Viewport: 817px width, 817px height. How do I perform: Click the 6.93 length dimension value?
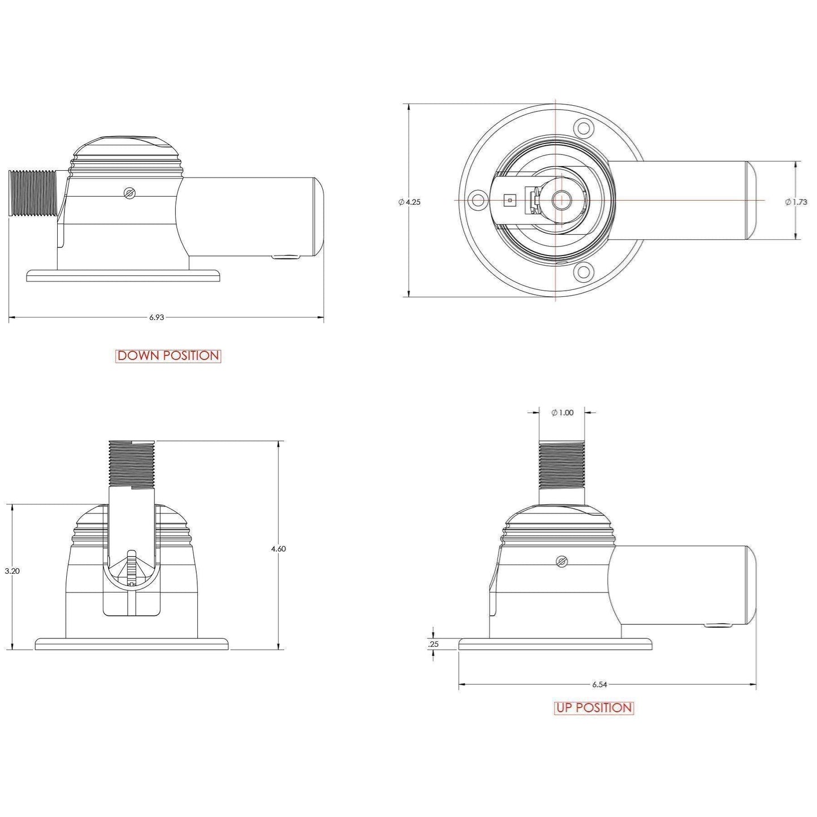pyautogui.click(x=157, y=318)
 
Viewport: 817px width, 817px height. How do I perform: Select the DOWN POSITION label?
pyautogui.click(x=168, y=356)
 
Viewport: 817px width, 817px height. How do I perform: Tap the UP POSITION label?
pyautogui.click(x=594, y=708)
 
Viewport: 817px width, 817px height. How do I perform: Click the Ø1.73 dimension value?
pyautogui.click(x=796, y=202)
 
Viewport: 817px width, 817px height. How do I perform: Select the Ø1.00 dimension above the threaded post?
pyautogui.click(x=562, y=413)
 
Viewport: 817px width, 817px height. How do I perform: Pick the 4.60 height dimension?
pyautogui.click(x=279, y=548)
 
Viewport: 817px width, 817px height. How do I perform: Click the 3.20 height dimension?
pyautogui.click(x=12, y=571)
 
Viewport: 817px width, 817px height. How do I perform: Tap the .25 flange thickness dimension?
pyautogui.click(x=434, y=644)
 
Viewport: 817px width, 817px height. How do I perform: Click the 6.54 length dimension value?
pyautogui.click(x=599, y=685)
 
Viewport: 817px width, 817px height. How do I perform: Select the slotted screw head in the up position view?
pyautogui.click(x=561, y=561)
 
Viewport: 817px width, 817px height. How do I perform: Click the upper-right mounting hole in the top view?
pyautogui.click(x=583, y=127)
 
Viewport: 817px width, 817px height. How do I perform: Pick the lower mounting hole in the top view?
pyautogui.click(x=583, y=273)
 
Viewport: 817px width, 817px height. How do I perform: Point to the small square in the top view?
pyautogui.click(x=510, y=200)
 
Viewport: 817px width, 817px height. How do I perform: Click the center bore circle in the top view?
pyautogui.click(x=561, y=199)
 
